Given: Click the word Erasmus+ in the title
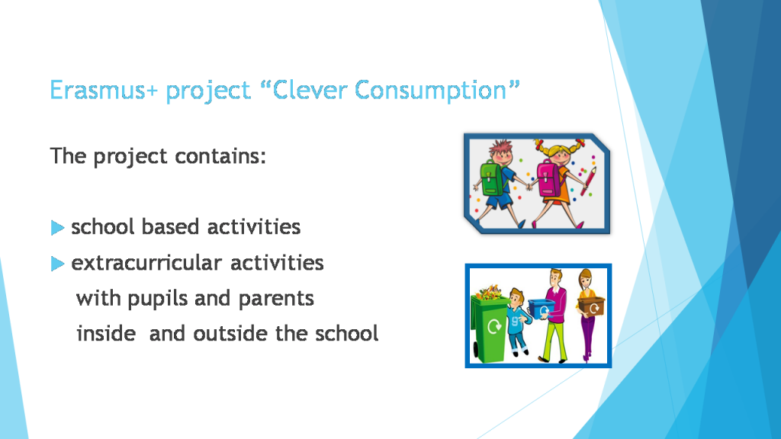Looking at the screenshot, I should tap(104, 91).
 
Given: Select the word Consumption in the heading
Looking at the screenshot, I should tap(437, 91).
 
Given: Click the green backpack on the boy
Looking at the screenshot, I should tap(491, 177).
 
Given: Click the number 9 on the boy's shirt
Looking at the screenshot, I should tap(518, 321).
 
